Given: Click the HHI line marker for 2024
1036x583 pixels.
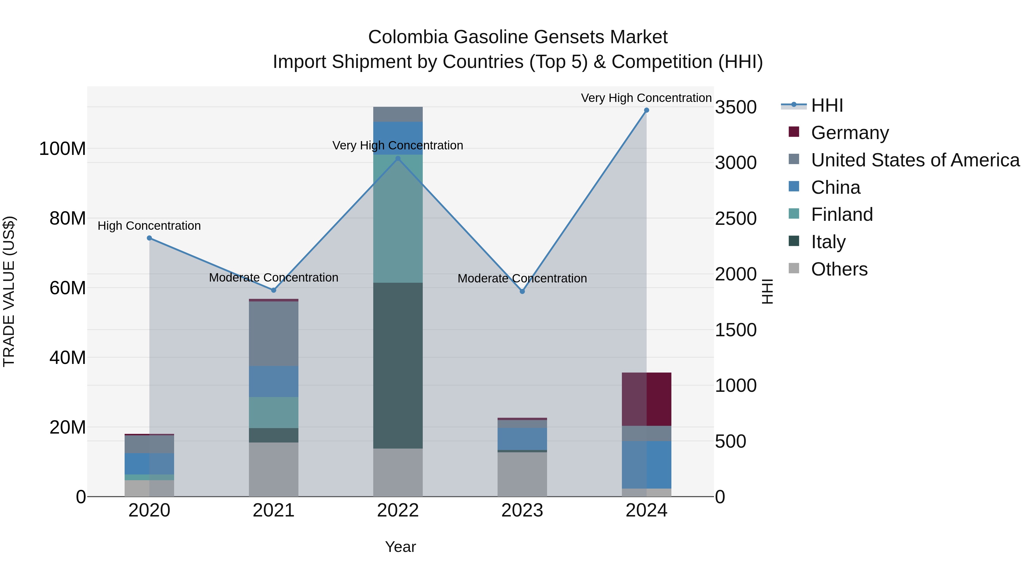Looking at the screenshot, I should (x=646, y=110).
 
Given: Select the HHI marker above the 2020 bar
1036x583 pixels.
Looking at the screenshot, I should (x=149, y=238).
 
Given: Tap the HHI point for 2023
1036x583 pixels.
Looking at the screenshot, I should (x=522, y=291).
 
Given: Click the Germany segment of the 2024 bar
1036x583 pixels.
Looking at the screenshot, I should (x=646, y=399).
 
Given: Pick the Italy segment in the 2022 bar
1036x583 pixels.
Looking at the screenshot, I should (x=398, y=365).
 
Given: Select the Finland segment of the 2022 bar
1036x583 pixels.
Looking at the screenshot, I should (x=398, y=219).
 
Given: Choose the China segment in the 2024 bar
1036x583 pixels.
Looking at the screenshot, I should (x=646, y=465).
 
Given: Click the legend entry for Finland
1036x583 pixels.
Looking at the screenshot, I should (x=842, y=214).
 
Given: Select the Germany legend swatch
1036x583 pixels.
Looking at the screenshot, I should (x=794, y=132).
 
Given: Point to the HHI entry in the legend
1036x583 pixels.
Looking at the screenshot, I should (x=827, y=105).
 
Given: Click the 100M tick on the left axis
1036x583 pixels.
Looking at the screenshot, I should (x=62, y=149).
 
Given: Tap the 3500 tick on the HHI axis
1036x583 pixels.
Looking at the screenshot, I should (x=736, y=107).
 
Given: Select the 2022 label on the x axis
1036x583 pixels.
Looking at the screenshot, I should (x=398, y=510).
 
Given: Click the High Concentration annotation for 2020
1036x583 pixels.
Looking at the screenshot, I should (x=149, y=226).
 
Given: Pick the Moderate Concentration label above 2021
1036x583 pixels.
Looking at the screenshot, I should (x=273, y=278).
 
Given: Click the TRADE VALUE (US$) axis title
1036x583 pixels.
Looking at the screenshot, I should (x=9, y=291).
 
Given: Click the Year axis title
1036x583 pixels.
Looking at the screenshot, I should (x=400, y=547).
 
